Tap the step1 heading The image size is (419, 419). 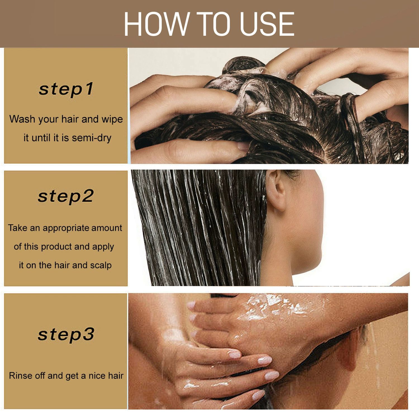[66, 89]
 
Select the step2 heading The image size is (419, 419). [66, 196]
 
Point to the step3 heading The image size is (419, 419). [66, 334]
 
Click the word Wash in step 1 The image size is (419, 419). [22, 119]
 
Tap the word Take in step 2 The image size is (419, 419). [17, 228]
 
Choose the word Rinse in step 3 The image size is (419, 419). [21, 376]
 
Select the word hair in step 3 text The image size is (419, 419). [116, 376]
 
